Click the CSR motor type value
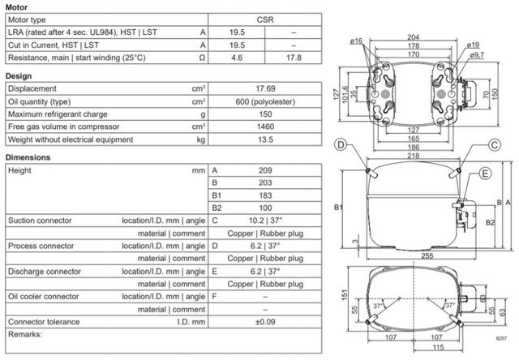tap(265, 19)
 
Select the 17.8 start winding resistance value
tap(294, 58)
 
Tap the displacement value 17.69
tap(265, 88)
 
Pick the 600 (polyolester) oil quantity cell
tap(265, 101)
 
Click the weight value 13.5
tap(265, 139)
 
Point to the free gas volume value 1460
tap(265, 126)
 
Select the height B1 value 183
tap(265, 195)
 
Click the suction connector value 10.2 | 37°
tap(265, 221)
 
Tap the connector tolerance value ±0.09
tap(265, 322)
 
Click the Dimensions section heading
tap(28, 157)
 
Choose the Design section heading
tap(19, 76)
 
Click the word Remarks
tap(25, 334)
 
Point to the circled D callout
tap(341, 144)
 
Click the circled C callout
tap(495, 145)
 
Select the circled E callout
tap(485, 174)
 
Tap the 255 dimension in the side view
tap(427, 255)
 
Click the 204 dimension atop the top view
tap(413, 37)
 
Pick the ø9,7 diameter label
tap(477, 55)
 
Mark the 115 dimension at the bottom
tap(438, 347)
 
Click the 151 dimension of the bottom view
tap(345, 294)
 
